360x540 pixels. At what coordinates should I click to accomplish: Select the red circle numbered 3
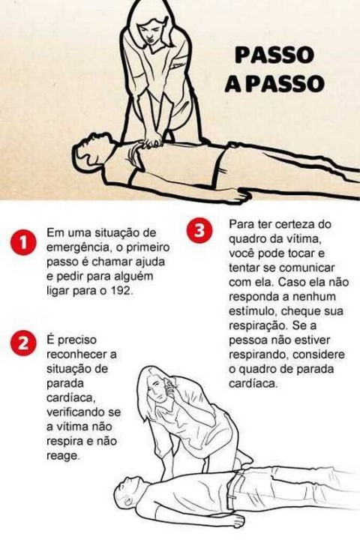199,230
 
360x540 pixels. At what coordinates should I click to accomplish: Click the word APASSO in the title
273,83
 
